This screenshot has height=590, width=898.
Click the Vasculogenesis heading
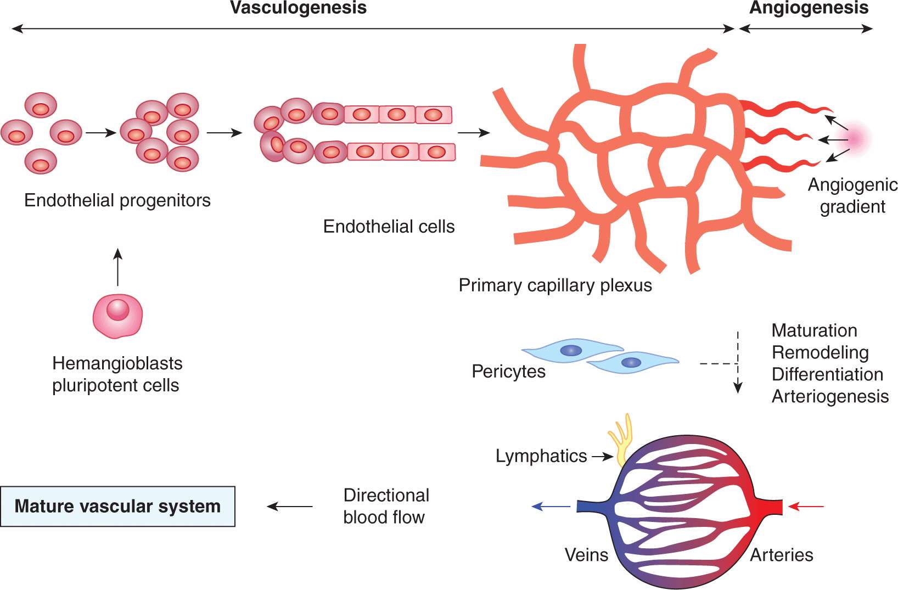click(x=298, y=8)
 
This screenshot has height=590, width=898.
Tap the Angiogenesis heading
click(x=809, y=8)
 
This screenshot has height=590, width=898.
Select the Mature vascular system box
click(x=117, y=506)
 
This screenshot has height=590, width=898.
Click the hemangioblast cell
click(x=117, y=316)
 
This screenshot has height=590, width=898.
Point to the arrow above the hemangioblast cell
click(x=117, y=267)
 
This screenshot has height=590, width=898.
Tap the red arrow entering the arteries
click(x=806, y=506)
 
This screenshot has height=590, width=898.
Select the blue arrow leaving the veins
click(x=551, y=506)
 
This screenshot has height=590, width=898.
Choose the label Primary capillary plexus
click(x=555, y=285)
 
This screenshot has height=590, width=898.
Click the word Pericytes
click(x=508, y=372)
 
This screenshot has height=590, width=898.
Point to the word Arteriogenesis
click(x=830, y=396)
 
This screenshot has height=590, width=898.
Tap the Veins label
click(x=586, y=555)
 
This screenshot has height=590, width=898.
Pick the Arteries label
click(x=782, y=555)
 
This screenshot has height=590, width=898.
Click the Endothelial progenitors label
click(x=117, y=200)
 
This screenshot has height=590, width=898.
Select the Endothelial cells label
click(x=389, y=227)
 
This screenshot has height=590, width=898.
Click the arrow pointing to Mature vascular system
click(x=290, y=506)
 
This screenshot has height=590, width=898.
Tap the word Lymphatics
click(x=541, y=456)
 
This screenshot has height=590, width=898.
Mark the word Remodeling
click(x=820, y=352)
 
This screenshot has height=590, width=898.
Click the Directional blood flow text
click(x=385, y=506)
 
